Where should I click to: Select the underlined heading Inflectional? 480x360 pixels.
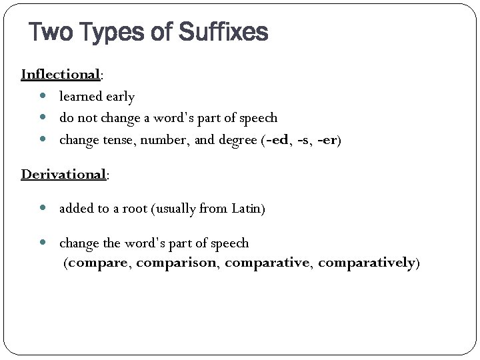coord(61,73)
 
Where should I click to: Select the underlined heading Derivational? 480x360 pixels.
coord(64,174)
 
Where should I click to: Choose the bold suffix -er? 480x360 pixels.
coord(327,139)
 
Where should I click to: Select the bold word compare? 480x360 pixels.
coord(100,263)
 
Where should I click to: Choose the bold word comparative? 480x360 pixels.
coord(267,263)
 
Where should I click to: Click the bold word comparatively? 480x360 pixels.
coord(367,263)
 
